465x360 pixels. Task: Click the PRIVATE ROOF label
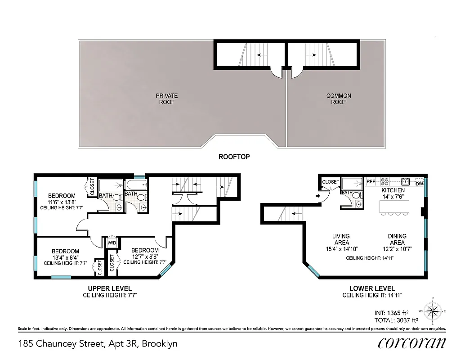[x=166, y=99]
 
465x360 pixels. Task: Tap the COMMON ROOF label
[x=339, y=99]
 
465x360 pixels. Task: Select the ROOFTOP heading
[x=234, y=157]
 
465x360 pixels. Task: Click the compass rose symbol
[x=433, y=310]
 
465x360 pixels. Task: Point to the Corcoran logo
[x=412, y=343]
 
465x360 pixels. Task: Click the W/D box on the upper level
[x=111, y=243]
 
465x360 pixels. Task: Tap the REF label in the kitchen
[x=371, y=182]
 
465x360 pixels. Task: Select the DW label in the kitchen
[x=419, y=184]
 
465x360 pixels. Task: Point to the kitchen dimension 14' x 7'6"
[x=393, y=197]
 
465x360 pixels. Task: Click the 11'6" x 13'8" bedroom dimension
[x=62, y=202]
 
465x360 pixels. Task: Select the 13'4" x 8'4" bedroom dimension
[x=65, y=257]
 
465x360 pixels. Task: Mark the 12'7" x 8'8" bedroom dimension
[x=145, y=256]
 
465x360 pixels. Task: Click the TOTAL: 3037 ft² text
[x=396, y=320]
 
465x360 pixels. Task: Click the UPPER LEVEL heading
[x=110, y=288]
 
